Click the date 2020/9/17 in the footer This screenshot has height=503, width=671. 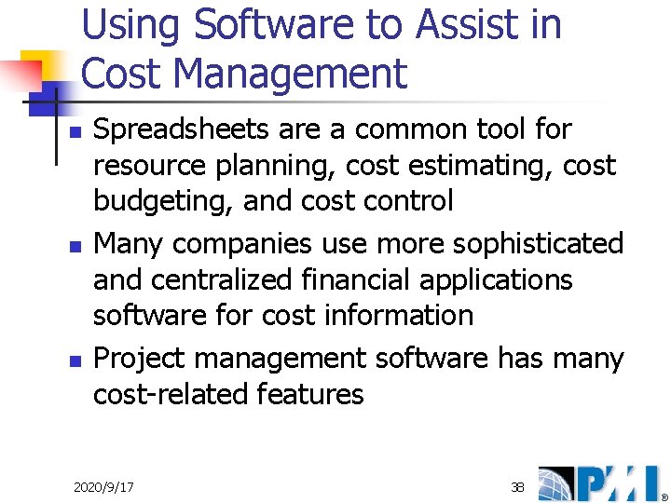coord(103,487)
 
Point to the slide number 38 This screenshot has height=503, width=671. coord(518,487)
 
